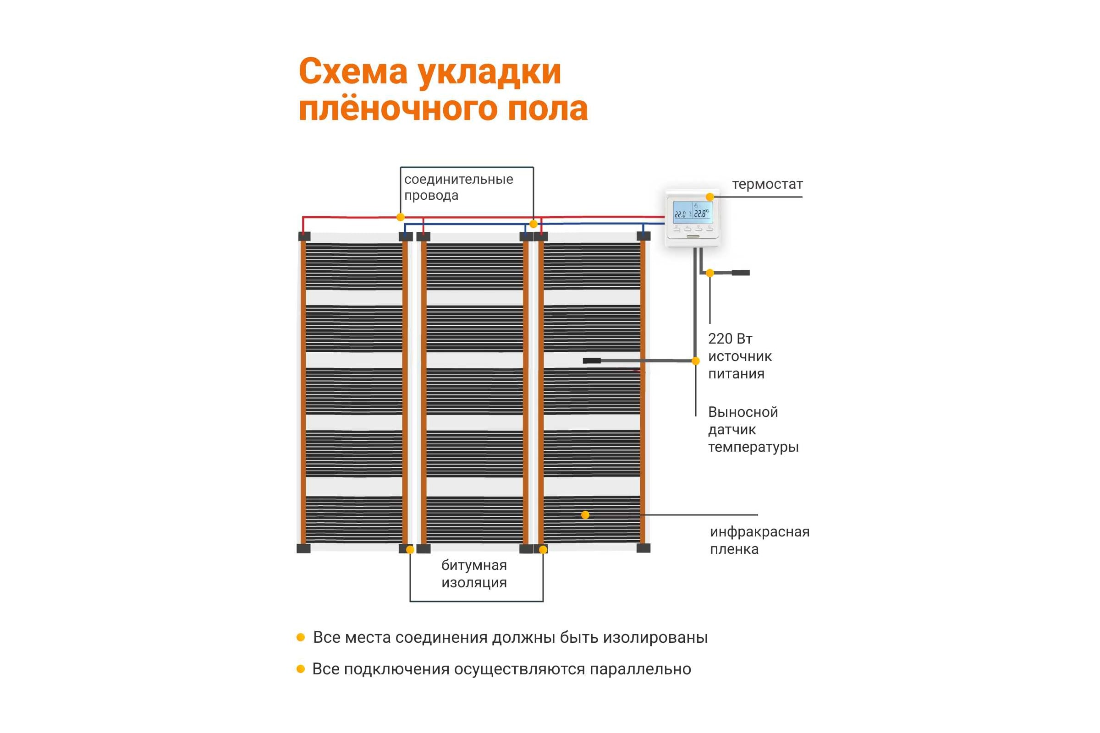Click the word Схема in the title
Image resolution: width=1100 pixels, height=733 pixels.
(x=352, y=72)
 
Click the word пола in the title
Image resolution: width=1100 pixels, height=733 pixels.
(x=547, y=109)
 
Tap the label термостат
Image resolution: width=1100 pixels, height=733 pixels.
(x=767, y=184)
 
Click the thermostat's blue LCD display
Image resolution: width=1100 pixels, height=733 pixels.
(x=692, y=213)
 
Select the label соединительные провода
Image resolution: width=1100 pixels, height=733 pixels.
(x=458, y=187)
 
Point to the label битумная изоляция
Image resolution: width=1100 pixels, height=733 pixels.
(x=474, y=574)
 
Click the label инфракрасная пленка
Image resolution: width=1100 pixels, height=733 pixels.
(x=759, y=540)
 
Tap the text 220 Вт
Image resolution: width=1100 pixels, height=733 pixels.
(x=730, y=339)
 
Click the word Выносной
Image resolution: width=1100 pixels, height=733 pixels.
(x=742, y=412)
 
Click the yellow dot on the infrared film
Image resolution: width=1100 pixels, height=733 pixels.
(x=585, y=514)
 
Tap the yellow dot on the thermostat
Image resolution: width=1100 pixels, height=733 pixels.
(x=710, y=197)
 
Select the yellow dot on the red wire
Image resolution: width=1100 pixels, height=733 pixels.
(x=400, y=217)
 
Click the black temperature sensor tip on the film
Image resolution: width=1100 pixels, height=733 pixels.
(x=592, y=361)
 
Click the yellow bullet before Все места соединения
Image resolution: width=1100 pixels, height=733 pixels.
(x=301, y=637)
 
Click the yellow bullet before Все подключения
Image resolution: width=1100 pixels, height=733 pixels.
(x=301, y=669)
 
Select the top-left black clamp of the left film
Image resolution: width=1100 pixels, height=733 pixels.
(x=304, y=236)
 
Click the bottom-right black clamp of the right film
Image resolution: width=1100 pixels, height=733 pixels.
(x=643, y=548)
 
